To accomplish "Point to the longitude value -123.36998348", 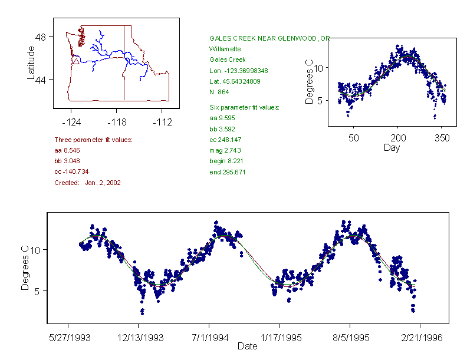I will (243, 71).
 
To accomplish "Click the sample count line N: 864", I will (219, 92).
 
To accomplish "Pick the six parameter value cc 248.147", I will (225, 140).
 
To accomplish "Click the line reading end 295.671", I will (228, 172).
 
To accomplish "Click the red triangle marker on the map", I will (75, 61).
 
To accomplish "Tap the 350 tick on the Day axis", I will (442, 138).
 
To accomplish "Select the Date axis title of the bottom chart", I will (248, 346).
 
